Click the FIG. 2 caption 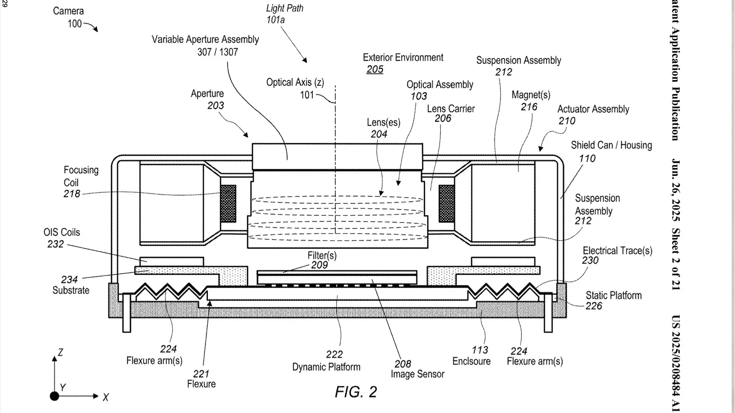pyautogui.click(x=356, y=392)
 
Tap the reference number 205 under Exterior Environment pyautogui.click(x=375, y=69)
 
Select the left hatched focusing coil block pyautogui.click(x=228, y=203)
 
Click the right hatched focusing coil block pyautogui.click(x=447, y=203)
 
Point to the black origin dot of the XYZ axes pyautogui.click(x=54, y=396)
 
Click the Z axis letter pyautogui.click(x=60, y=352)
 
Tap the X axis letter pyautogui.click(x=106, y=397)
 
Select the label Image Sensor pyautogui.click(x=417, y=374)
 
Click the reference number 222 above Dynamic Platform pyautogui.click(x=334, y=354)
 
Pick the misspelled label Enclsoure pyautogui.click(x=471, y=361)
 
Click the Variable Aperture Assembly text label pyautogui.click(x=205, y=39)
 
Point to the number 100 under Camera pyautogui.click(x=75, y=24)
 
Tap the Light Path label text pyautogui.click(x=285, y=8)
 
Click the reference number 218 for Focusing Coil pyautogui.click(x=72, y=194)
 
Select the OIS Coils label pyautogui.click(x=62, y=232)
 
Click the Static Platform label pyautogui.click(x=614, y=295)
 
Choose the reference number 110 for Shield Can pyautogui.click(x=587, y=158)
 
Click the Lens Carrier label pyautogui.click(x=451, y=109)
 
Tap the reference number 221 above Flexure pyautogui.click(x=201, y=374)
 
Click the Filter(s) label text pyautogui.click(x=322, y=255)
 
